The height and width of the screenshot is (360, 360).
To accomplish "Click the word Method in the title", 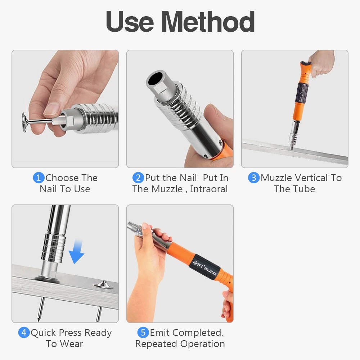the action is click(x=208, y=22).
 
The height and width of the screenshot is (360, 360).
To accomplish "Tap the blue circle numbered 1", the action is click(x=39, y=178).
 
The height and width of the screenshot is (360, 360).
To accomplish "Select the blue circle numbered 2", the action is click(x=138, y=178).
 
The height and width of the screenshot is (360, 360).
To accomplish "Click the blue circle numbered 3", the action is click(x=254, y=178).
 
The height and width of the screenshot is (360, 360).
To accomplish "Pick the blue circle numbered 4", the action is click(x=24, y=332).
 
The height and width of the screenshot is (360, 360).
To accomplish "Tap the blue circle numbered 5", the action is click(x=143, y=332).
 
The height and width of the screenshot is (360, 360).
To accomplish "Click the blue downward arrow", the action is click(x=77, y=251).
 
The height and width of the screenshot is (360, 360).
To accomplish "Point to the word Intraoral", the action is click(x=209, y=189).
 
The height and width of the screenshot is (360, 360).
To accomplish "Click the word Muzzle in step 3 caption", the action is click(x=276, y=178).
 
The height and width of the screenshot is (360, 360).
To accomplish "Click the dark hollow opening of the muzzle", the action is click(x=156, y=79).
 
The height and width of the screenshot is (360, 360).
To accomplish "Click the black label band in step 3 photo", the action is click(x=301, y=93).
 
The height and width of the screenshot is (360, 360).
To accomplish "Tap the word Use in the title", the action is click(x=130, y=22).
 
